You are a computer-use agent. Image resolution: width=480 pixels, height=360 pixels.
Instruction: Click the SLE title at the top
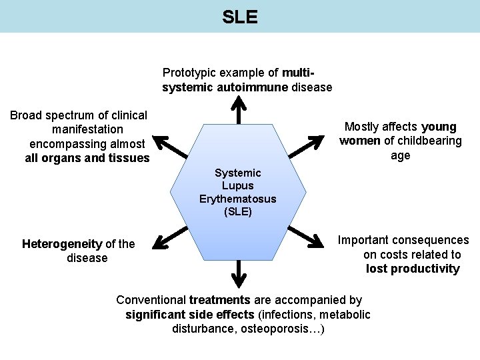pos(240,17)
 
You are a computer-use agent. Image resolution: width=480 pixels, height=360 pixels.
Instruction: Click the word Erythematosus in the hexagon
pos(238,199)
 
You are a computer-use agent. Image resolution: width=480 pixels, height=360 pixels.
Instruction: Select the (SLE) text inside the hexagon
pos(238,212)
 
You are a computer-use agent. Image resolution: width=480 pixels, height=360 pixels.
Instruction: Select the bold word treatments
pos(219,300)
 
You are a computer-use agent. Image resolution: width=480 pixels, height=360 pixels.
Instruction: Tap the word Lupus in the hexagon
pos(238,186)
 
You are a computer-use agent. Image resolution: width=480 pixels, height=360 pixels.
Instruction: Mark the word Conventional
pos(151,300)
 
